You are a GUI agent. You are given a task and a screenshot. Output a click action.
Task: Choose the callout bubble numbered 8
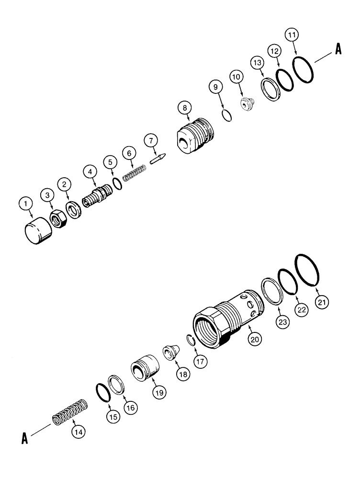pos(186,108)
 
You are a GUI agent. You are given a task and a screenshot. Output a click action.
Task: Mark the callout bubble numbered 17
pos(200,362)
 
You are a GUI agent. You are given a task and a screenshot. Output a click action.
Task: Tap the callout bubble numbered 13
pos(258,63)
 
